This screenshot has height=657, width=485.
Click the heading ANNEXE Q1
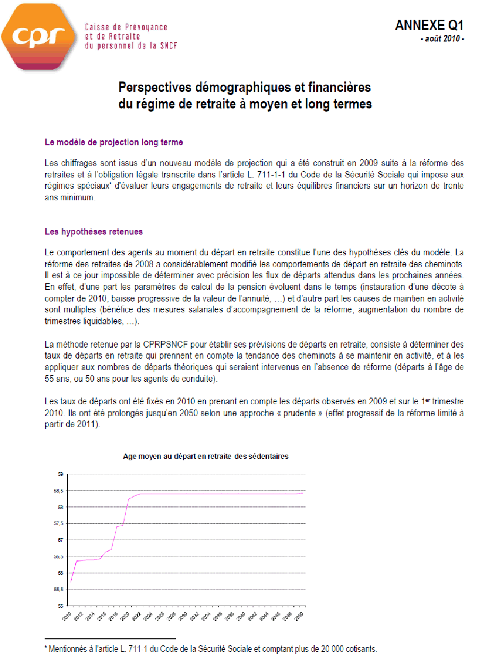(x=428, y=25)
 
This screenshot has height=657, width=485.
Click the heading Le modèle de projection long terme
(x=114, y=142)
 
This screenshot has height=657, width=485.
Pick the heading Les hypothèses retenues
(x=93, y=231)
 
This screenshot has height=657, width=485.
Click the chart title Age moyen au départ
(x=206, y=456)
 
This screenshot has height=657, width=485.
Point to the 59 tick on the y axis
(x=60, y=474)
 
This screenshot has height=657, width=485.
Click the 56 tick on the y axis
(x=60, y=573)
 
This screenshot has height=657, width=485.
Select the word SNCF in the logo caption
(x=167, y=45)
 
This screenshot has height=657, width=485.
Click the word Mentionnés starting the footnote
(x=67, y=649)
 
